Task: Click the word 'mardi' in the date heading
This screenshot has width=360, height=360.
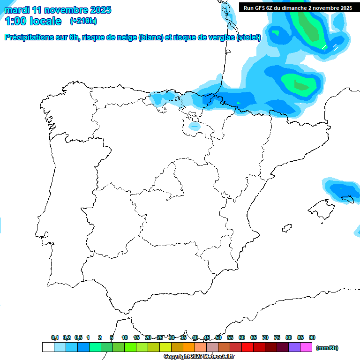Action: click(x=17, y=10)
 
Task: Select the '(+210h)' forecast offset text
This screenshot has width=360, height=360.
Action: click(x=83, y=21)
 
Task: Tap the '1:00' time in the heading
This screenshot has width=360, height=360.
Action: click(x=15, y=21)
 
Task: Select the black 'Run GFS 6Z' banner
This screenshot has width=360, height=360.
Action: click(x=298, y=8)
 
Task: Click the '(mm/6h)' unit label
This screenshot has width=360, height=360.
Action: click(x=327, y=348)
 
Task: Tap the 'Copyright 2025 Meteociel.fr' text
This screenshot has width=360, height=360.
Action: click(x=199, y=357)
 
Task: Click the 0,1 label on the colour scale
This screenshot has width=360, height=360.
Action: click(x=55, y=337)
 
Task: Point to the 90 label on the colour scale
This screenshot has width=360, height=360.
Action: click(x=312, y=337)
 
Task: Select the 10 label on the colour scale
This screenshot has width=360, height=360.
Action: click(x=125, y=337)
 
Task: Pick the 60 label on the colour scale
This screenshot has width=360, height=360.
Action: click(x=242, y=337)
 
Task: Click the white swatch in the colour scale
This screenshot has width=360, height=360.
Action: click(x=48, y=347)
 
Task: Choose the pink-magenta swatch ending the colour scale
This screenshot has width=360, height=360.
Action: click(x=306, y=347)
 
